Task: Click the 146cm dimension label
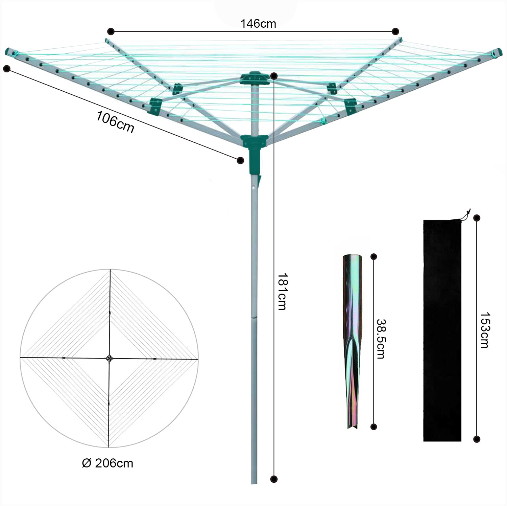click(x=258, y=24)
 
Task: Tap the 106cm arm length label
click(x=115, y=122)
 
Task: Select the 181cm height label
click(x=282, y=291)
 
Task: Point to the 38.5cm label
click(x=381, y=339)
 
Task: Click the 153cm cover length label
click(x=484, y=330)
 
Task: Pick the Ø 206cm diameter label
click(x=107, y=463)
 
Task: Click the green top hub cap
click(x=255, y=78)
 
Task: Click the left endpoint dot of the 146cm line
click(x=110, y=31)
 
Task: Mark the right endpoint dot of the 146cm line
click(x=395, y=31)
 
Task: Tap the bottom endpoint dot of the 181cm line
click(x=274, y=479)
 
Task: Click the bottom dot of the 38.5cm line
click(x=373, y=427)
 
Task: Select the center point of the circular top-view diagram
click(x=109, y=358)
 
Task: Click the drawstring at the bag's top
click(x=467, y=214)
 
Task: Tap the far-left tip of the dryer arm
click(x=8, y=52)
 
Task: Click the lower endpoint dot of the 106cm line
click(x=240, y=160)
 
